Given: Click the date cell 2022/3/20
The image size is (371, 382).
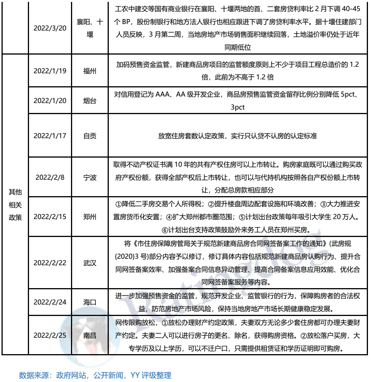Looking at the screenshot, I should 50,28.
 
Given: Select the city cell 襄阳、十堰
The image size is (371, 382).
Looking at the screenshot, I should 90,28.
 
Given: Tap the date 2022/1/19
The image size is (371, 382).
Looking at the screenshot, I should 50,71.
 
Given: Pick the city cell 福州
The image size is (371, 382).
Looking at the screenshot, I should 90,71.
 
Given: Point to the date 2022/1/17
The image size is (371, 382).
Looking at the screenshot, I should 50,136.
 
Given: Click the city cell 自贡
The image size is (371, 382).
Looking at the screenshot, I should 90,136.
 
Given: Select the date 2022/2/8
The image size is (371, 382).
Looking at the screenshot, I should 50,177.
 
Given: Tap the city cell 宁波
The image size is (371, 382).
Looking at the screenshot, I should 90,177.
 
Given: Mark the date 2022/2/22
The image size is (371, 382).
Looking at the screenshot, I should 50,263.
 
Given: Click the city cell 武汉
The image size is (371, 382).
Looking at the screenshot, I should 90,263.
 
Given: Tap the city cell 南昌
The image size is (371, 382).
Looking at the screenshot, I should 90,335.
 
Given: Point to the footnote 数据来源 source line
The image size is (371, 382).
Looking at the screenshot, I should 95,375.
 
